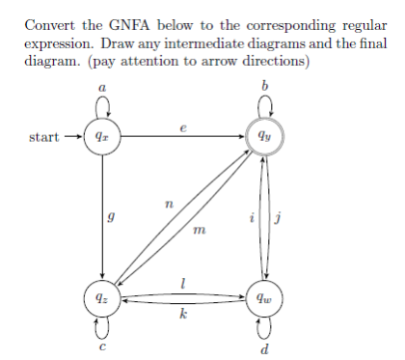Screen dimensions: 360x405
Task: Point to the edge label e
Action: (183, 127)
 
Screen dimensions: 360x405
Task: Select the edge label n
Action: (170, 204)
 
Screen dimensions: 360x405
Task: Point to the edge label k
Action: (184, 315)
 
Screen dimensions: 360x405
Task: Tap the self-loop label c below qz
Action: (102, 347)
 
